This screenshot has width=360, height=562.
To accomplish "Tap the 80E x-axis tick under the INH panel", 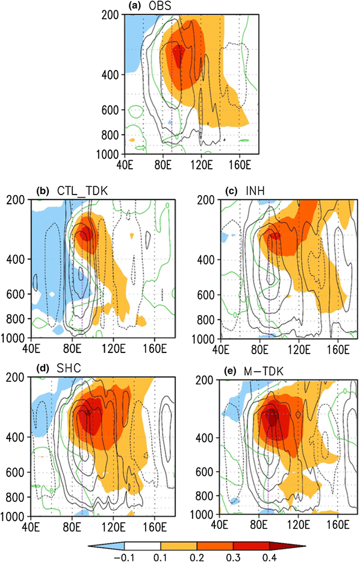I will click(261, 348).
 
